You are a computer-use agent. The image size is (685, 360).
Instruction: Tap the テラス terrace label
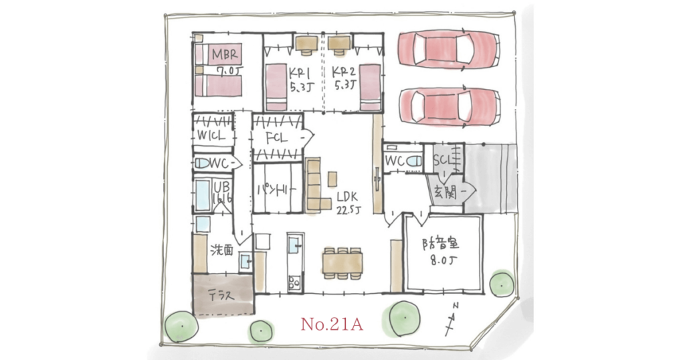coord(220,294)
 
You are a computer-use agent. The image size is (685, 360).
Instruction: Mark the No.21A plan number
coord(331,325)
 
